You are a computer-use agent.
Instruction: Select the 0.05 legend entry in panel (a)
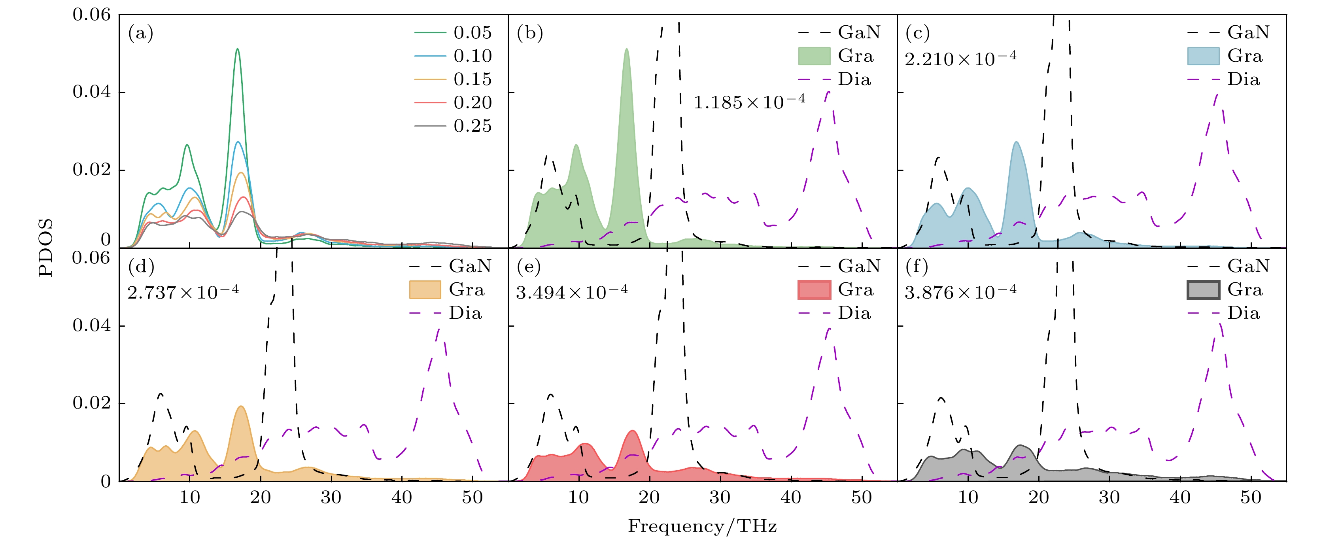tap(472, 32)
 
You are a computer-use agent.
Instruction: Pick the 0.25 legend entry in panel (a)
tap(472, 126)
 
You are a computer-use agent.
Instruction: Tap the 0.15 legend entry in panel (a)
tap(472, 79)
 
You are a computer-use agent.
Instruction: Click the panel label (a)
tap(141, 33)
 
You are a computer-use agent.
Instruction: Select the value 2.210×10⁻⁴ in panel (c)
tap(960, 59)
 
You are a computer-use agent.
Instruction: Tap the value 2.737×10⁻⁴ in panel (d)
tap(183, 292)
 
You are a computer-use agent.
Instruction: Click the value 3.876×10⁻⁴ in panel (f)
tap(960, 292)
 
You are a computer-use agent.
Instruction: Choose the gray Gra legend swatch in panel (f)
tap(1203, 290)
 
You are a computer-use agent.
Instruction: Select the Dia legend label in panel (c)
tap(1244, 79)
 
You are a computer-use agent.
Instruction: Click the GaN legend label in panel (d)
tap(469, 266)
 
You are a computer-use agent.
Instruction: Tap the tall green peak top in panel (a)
tap(237, 49)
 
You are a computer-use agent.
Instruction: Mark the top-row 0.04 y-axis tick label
tap(91, 92)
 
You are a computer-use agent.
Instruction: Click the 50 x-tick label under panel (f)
tap(1251, 497)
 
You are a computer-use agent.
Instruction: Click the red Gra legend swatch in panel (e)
tap(814, 290)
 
